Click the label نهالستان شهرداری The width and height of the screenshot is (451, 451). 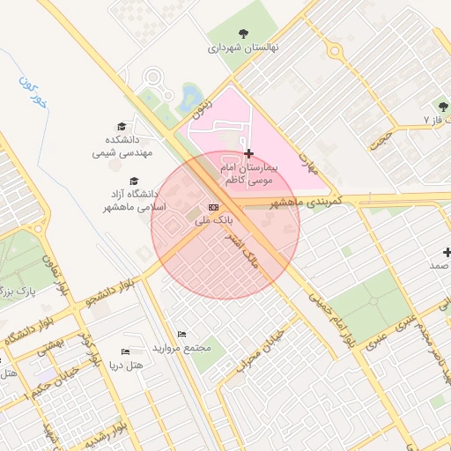pyautogui.click(x=242, y=48)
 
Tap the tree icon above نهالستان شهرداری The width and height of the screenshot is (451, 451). pyautogui.click(x=242, y=34)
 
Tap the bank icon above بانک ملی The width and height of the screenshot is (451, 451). pyautogui.click(x=212, y=206)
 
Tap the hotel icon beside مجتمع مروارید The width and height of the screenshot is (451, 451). pyautogui.click(x=181, y=334)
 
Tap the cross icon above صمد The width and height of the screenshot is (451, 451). pyautogui.click(x=447, y=252)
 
